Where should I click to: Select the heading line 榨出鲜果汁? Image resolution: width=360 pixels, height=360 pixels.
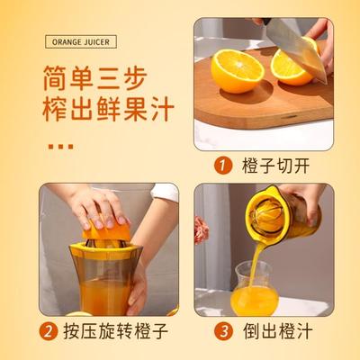[101, 111]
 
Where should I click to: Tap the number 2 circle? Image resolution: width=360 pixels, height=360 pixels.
[49, 331]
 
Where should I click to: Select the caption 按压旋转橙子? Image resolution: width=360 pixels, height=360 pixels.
[113, 331]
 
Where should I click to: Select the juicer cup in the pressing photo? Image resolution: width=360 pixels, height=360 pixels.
[99, 279]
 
